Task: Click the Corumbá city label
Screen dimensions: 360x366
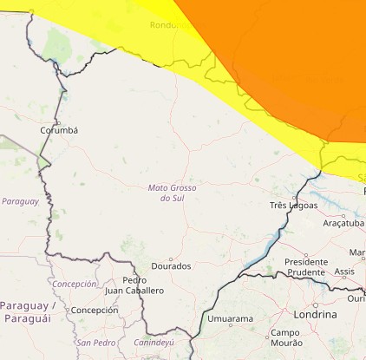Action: (x=59, y=130)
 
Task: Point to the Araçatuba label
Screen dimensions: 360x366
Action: (x=343, y=223)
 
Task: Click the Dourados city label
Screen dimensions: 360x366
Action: (x=171, y=266)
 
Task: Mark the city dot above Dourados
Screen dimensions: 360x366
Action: (x=171, y=258)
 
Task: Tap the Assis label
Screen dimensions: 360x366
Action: (x=344, y=272)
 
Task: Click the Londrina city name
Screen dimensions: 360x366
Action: (x=315, y=314)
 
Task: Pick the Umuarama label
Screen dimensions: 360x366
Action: (x=230, y=319)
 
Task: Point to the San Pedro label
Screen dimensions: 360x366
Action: (x=95, y=343)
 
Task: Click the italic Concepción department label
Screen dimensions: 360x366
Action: (x=75, y=284)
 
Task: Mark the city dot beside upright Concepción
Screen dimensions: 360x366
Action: (x=67, y=310)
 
